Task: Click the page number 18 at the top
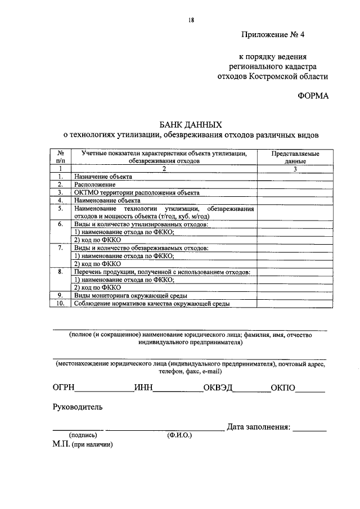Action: pos(191,21)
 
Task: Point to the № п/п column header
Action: pos(60,157)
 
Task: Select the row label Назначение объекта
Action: pos(103,177)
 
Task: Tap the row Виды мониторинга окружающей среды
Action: pos(130,295)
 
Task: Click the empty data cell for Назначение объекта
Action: pos(295,177)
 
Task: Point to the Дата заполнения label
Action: pos(259,427)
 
